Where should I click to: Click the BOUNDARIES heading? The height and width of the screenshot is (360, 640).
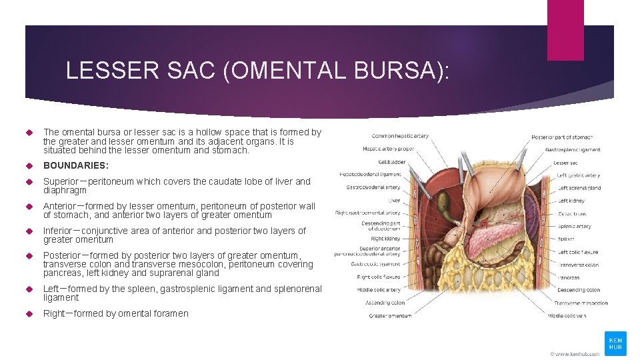pyautogui.click(x=75, y=165)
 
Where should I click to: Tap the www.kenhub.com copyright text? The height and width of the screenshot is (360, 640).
pyautogui.click(x=575, y=353)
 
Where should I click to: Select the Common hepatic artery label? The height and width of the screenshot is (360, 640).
pyautogui.click(x=400, y=136)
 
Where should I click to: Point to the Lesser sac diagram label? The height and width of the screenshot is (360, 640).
pyautogui.click(x=565, y=162)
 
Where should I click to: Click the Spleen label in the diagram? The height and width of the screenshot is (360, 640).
pyautogui.click(x=566, y=239)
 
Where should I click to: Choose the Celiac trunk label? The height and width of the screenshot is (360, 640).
pyautogui.click(x=571, y=213)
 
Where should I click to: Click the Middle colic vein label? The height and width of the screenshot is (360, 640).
pyautogui.click(x=567, y=315)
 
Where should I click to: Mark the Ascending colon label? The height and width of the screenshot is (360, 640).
pyautogui.click(x=386, y=303)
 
